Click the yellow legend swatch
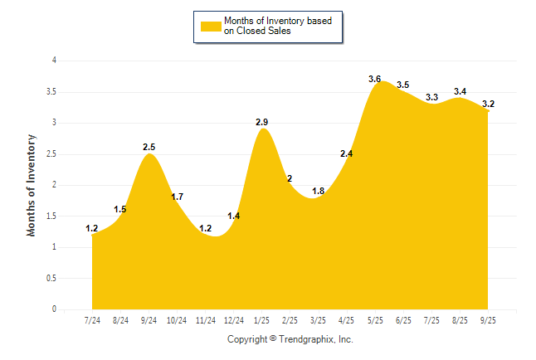[x=211, y=26]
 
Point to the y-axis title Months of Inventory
[x=32, y=185]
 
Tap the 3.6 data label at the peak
[x=374, y=79]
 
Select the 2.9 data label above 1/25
[x=261, y=122]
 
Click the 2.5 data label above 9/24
[x=149, y=147]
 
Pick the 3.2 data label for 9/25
[x=488, y=104]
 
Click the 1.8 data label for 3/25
[x=318, y=191]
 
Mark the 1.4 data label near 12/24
[x=233, y=216]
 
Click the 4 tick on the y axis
[x=54, y=61]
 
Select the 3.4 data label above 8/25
[x=460, y=91]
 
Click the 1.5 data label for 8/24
[x=119, y=209]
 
